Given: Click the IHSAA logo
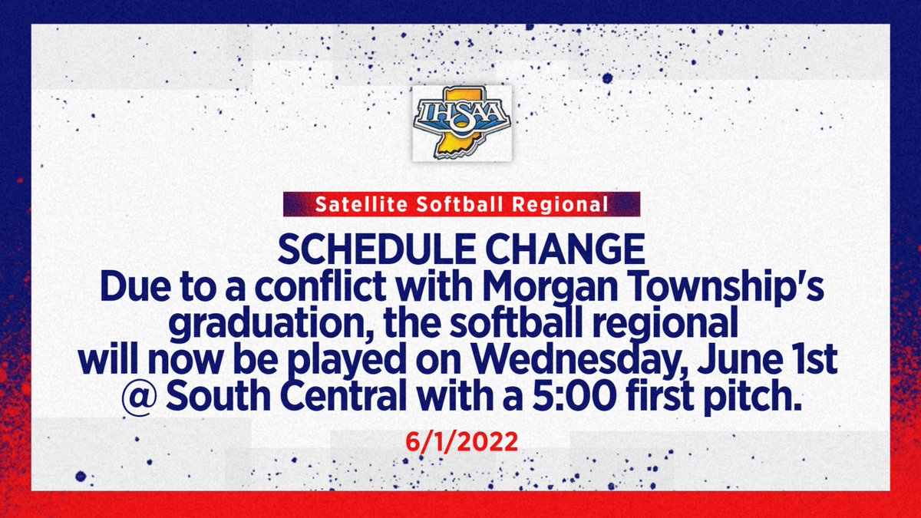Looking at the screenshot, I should point(461,122).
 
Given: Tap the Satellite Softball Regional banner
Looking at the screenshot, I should point(461,205).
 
